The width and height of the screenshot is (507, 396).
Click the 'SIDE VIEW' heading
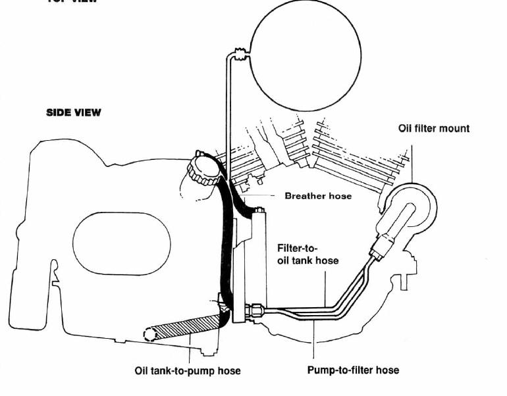pyautogui.click(x=74, y=112)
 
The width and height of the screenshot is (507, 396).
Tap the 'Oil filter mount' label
pyautogui.click(x=434, y=128)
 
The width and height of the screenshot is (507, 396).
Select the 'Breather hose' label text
pyautogui.click(x=318, y=196)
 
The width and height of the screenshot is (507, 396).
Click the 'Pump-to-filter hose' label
pyautogui.click(x=353, y=370)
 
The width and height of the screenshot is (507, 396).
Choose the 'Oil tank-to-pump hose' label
pyautogui.click(x=188, y=371)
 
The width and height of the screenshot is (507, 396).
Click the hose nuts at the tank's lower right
pyautogui.click(x=254, y=309)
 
